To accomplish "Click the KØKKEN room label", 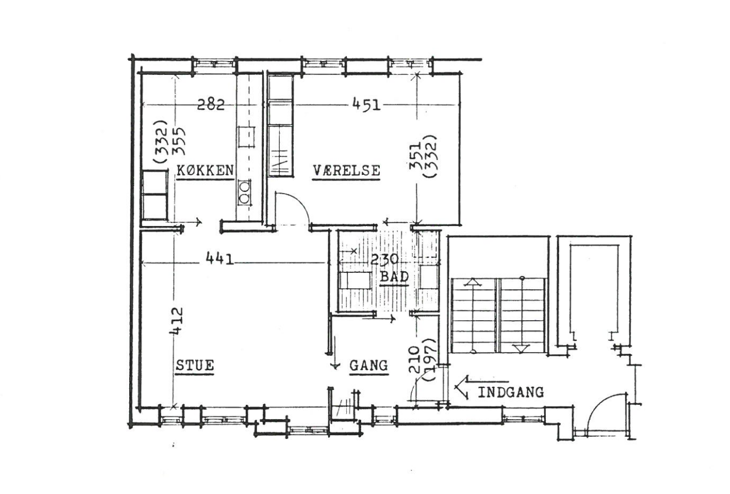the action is pos(206,170).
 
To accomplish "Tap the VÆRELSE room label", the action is pos(346,170).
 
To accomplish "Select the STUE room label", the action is pos(195,365).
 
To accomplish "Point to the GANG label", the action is pos(369,365).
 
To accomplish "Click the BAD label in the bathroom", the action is pos(394,277).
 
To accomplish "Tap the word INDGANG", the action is pos(511,392).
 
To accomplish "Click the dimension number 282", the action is pos(211,105).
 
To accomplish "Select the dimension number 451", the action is pos(366,105).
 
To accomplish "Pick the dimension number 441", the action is pos(220,260).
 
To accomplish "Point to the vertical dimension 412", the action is pos(176,321).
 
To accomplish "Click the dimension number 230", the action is pos(385,260).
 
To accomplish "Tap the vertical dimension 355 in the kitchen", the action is pos(179,141).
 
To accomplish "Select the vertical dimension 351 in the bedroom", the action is pos(415,157).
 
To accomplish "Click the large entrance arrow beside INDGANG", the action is pos(482,388).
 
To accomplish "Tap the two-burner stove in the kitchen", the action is pos(245,192).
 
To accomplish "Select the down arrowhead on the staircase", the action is pos(522,349).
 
